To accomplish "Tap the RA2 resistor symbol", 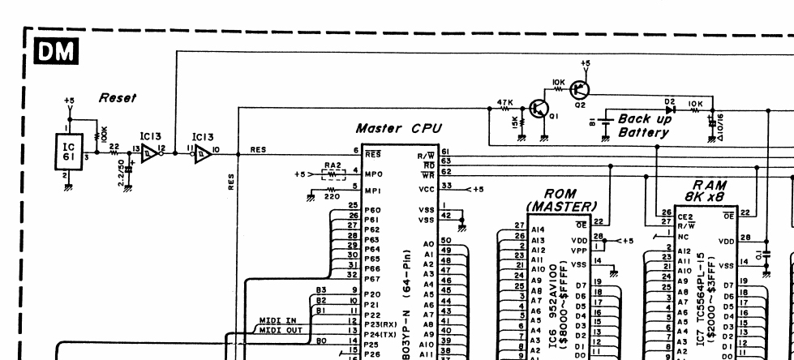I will [x=333, y=173].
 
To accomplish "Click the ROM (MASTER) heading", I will [x=560, y=200].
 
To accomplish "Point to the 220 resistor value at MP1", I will [x=333, y=195].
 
